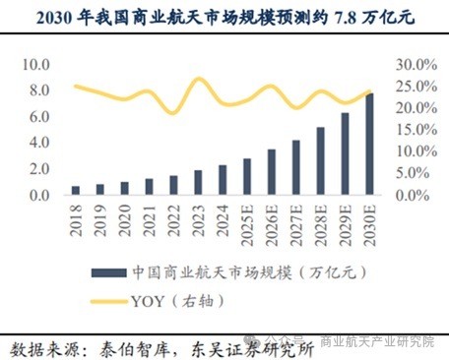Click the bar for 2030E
point(369,145)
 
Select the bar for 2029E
point(345,154)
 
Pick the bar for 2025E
point(246,178)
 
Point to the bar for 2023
point(198,184)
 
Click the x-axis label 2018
point(76,219)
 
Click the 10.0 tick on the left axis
point(36,65)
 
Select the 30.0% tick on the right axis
point(415,65)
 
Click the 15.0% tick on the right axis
point(415,130)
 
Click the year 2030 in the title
point(56,18)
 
